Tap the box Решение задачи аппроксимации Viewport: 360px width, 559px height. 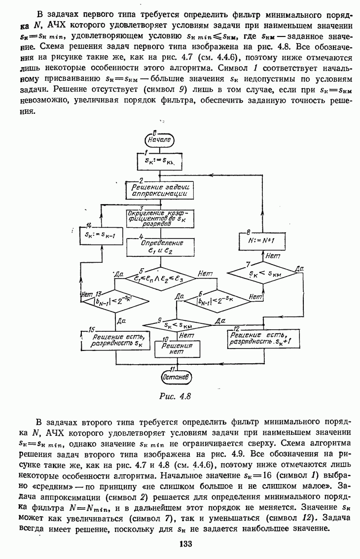161,190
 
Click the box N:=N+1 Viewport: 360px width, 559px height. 263,241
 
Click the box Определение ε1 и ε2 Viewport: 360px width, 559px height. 161,247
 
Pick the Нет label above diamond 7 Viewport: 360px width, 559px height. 272,256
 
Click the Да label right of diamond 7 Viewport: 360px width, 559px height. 299,269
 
